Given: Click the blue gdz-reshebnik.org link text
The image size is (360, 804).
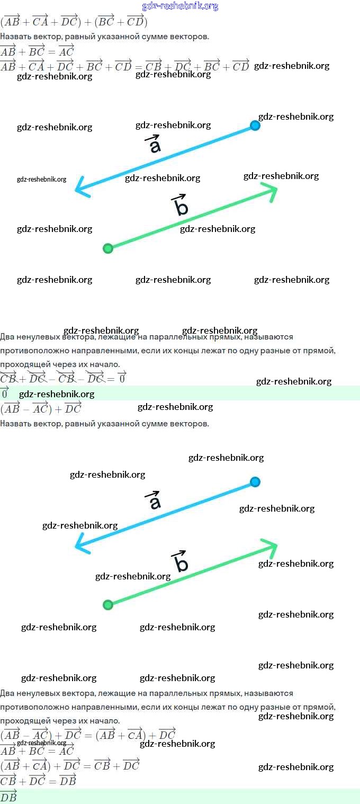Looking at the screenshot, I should pyautogui.click(x=180, y=6).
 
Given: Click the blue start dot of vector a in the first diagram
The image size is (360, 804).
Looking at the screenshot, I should pyautogui.click(x=255, y=126).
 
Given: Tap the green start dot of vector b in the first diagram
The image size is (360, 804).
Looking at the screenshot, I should pyautogui.click(x=108, y=248).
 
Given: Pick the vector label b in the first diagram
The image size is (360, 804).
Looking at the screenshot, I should pyautogui.click(x=181, y=207).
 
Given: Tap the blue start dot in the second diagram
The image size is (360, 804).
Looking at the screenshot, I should pyautogui.click(x=255, y=481).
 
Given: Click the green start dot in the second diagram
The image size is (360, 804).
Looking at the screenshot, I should pyautogui.click(x=108, y=604).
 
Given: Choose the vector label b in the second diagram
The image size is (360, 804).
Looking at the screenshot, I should pyautogui.click(x=181, y=562).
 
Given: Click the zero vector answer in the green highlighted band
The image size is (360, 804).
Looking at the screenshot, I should pyautogui.click(x=5, y=393).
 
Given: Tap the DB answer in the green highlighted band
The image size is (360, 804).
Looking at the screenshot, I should pyautogui.click(x=8, y=796).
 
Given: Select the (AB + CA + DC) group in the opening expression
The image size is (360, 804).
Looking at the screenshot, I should pyautogui.click(x=40, y=22).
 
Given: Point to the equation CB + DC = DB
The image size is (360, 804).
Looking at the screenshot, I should pyautogui.click(x=38, y=780).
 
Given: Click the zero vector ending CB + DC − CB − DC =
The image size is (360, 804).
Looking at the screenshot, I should pyautogui.click(x=121, y=378).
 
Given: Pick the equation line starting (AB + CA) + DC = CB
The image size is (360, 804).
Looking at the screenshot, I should pyautogui.click(x=70, y=765).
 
